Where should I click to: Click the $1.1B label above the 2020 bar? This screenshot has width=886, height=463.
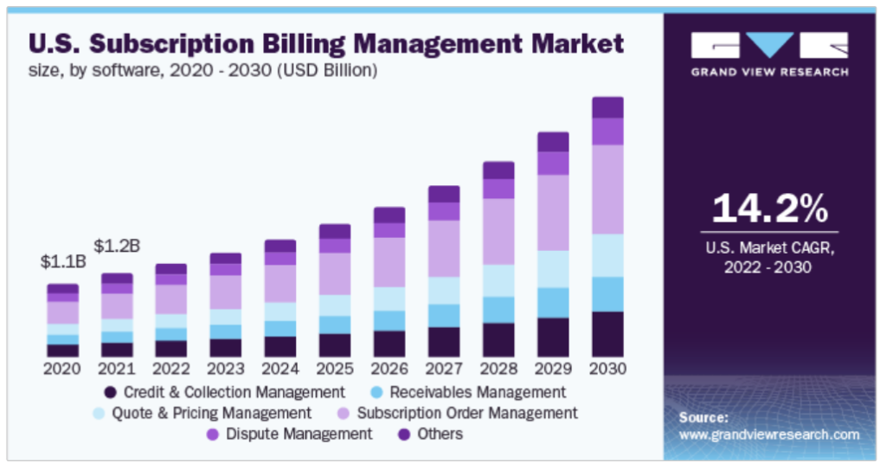[62, 261]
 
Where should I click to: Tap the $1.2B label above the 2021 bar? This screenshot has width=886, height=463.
[117, 246]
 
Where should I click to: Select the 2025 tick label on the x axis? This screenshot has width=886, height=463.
[334, 368]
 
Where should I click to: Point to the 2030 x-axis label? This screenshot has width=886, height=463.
[607, 368]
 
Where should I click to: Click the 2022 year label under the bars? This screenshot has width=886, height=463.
[170, 368]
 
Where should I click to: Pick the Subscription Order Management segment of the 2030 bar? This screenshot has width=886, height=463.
[607, 189]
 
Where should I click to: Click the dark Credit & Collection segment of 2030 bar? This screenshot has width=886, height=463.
[607, 334]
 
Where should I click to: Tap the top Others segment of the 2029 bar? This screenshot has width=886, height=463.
[553, 142]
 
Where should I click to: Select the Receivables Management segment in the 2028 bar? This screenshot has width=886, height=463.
[498, 309]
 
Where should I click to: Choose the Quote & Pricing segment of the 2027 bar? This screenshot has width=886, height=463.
[444, 290]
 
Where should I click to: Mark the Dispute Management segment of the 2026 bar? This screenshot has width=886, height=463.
[389, 230]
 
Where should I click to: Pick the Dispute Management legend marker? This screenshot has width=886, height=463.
[210, 434]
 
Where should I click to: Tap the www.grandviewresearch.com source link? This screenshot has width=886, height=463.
[768, 434]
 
